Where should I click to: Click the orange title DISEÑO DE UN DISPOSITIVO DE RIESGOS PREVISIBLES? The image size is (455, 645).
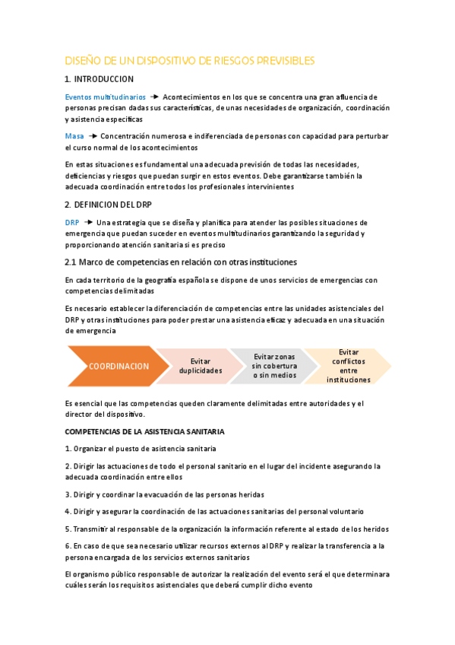190,60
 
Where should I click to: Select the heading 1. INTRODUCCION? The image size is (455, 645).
100,79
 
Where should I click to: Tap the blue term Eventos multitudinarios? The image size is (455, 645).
106,97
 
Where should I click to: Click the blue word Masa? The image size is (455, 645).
74,135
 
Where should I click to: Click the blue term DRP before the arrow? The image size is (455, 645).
72,222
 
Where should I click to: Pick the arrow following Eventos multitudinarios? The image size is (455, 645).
154,97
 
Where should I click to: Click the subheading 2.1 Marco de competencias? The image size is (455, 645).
181,262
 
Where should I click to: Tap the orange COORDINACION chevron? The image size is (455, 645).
118,366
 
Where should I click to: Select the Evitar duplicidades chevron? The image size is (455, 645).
201,366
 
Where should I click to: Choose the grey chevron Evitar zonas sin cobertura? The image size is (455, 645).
274,365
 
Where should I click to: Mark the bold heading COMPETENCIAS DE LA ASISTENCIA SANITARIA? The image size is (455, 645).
144,432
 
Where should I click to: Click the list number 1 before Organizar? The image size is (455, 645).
68,449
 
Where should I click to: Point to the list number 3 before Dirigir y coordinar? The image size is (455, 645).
68,494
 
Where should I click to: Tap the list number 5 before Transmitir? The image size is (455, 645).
68,529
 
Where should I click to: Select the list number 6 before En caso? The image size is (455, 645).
68,546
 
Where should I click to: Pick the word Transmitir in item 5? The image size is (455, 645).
95,529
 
